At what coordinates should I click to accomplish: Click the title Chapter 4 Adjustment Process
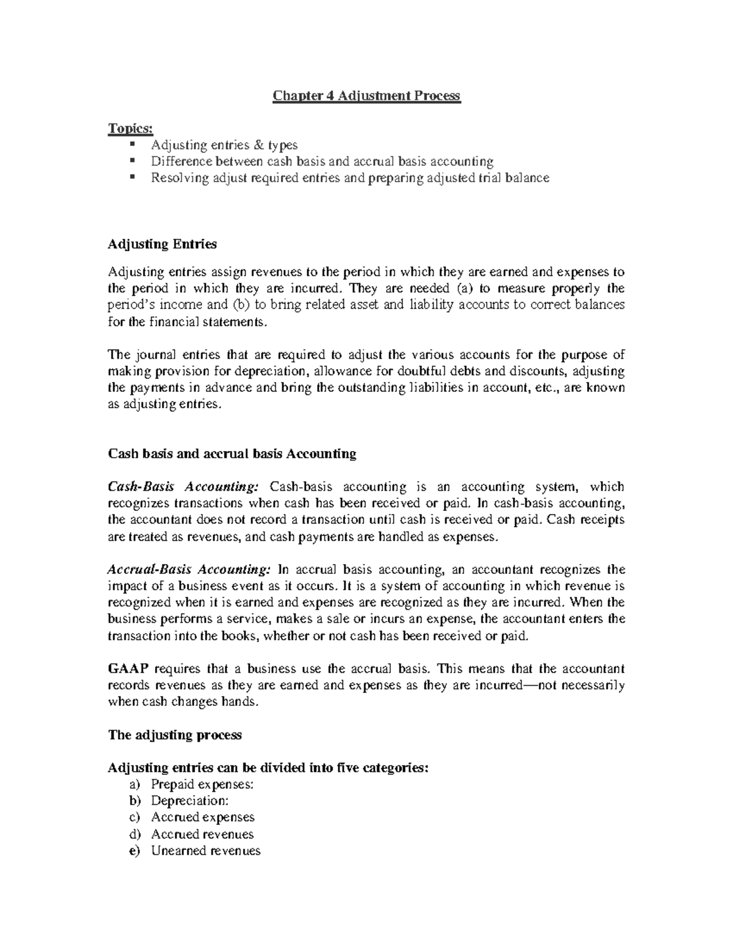click(366, 96)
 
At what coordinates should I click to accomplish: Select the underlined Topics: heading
click(131, 128)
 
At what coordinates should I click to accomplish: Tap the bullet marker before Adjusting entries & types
click(132, 145)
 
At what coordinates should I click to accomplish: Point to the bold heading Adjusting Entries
click(162, 244)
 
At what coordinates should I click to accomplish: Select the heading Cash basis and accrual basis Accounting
click(232, 454)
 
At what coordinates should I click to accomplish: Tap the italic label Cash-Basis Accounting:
click(183, 487)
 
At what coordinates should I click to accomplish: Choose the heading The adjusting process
click(175, 735)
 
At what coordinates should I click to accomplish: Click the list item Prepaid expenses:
click(202, 785)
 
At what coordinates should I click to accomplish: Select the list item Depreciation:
click(190, 801)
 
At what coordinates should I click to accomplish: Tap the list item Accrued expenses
click(202, 818)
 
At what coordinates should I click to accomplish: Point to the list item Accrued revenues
click(202, 835)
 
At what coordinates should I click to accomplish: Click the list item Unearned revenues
click(205, 851)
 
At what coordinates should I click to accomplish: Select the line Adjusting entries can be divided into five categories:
click(268, 768)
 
